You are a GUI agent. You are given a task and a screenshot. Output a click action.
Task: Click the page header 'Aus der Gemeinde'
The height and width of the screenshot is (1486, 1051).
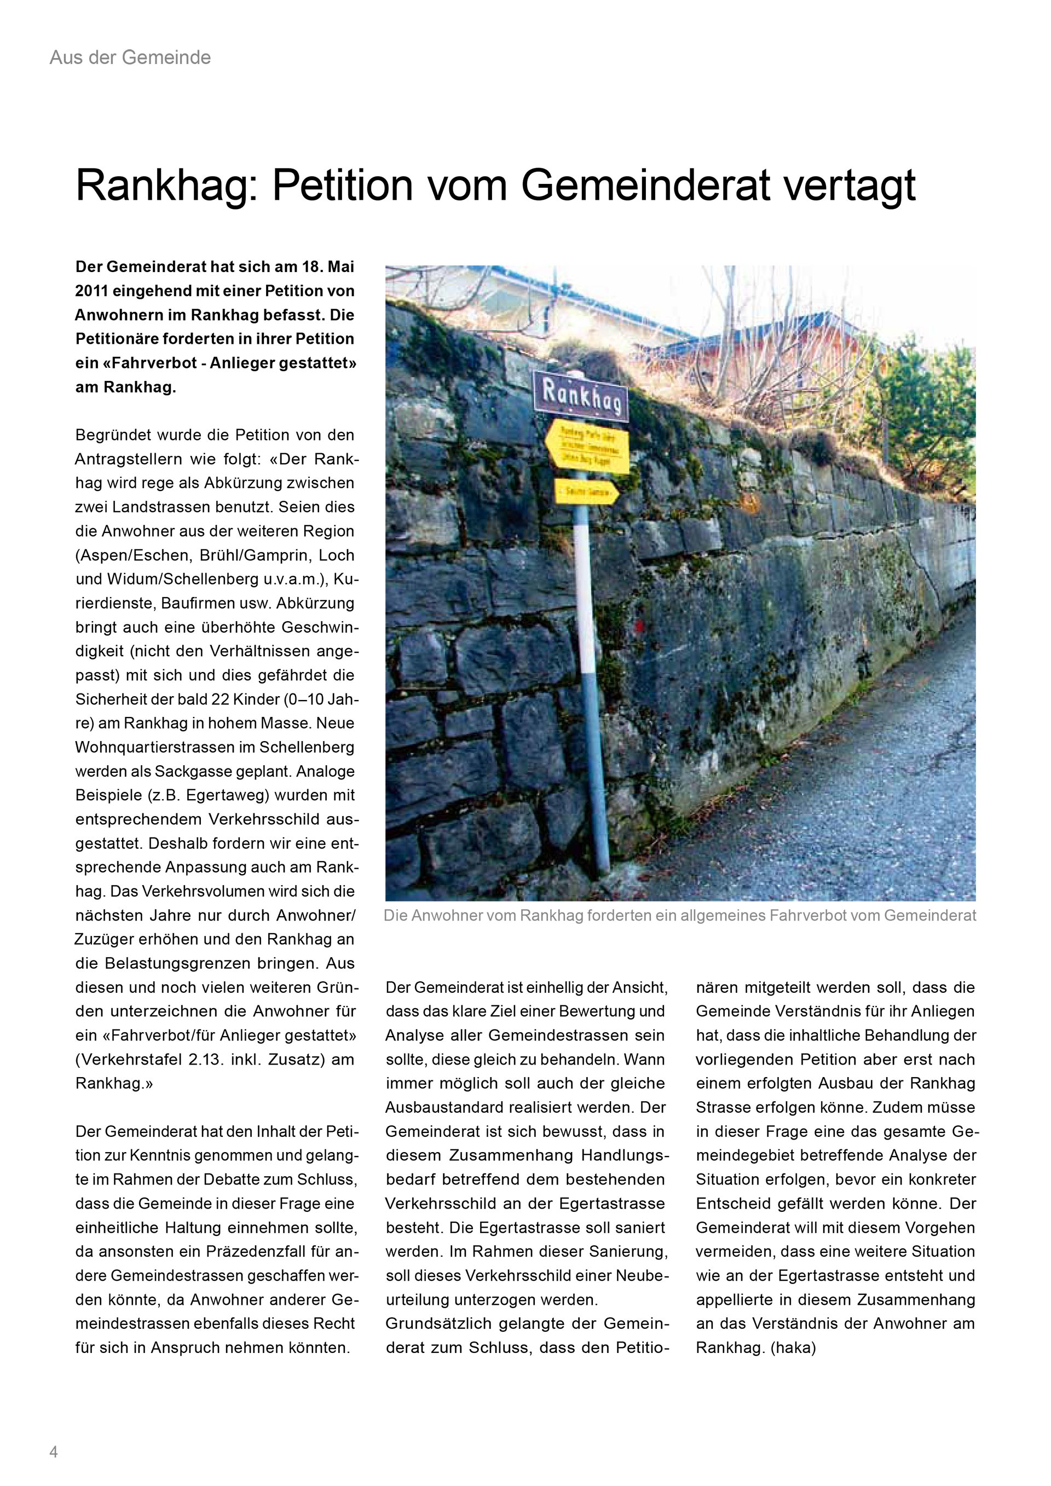pos(130,57)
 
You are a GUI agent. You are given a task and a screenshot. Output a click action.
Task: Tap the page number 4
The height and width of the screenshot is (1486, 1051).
pos(54,1452)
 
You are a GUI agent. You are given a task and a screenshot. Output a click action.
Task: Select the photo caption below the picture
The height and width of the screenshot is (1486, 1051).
pos(679,916)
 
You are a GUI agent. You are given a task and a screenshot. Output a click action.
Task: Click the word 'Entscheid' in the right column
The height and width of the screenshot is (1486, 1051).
pos(734,1204)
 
